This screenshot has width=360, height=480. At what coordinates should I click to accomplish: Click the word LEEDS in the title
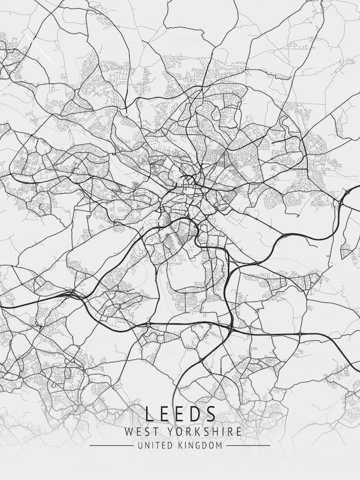tap(180, 414)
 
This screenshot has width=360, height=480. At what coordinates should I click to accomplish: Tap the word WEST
tap(141, 432)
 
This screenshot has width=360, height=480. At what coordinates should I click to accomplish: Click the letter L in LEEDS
tap(150, 414)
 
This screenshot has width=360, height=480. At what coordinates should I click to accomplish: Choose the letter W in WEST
tap(129, 432)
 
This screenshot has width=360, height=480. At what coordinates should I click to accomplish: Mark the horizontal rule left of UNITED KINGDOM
tap(111, 446)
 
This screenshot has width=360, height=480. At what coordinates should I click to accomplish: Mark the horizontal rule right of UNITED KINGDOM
tap(248, 446)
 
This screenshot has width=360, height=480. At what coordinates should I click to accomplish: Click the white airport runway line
tap(42, 49)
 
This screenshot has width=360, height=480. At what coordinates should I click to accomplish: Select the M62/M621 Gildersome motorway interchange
tap(71, 293)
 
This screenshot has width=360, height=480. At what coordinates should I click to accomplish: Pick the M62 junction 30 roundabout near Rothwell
tap(300, 334)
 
